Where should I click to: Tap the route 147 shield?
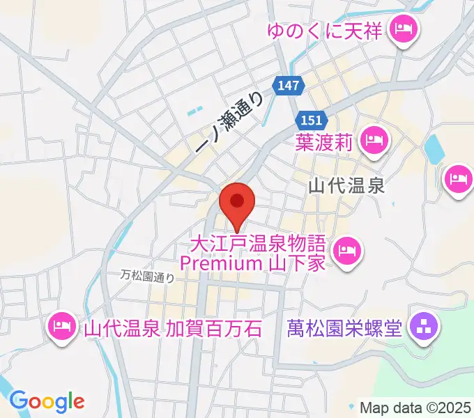pos(289,85)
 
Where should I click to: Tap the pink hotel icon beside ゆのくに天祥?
pos(403,30)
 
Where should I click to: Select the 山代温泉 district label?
pos(347,186)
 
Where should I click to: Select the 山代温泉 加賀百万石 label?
pos(174,326)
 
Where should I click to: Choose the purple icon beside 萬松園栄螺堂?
pos(422,325)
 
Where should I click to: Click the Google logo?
pos(47,401)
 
